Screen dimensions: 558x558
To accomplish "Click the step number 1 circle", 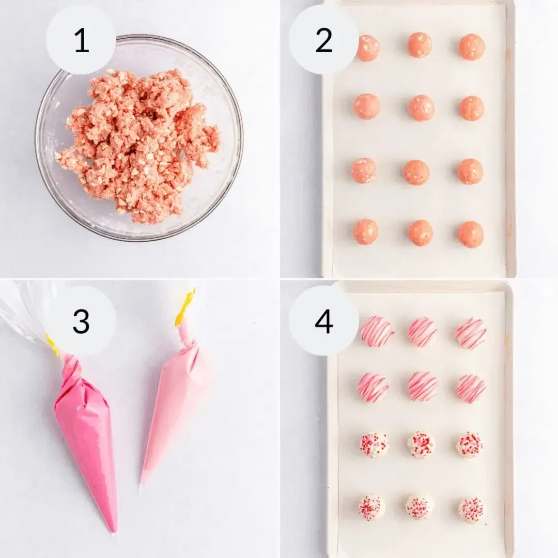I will (x=81, y=40).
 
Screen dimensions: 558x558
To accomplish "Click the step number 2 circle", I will (x=323, y=40).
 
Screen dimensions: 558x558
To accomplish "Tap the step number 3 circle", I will (x=81, y=321).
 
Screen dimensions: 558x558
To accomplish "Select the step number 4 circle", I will (x=323, y=321).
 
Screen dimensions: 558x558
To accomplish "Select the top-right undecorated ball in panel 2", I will (x=472, y=47).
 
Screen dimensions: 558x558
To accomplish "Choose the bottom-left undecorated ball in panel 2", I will (x=366, y=232).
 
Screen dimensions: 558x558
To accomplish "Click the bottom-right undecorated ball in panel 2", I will (x=471, y=235).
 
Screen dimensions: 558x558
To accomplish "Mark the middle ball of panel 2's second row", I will (x=422, y=108).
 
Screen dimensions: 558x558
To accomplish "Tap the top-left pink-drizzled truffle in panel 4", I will (x=377, y=331).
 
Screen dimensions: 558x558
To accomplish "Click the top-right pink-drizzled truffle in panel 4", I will (x=471, y=333).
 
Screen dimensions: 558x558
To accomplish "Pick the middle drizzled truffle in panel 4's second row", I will (x=423, y=386).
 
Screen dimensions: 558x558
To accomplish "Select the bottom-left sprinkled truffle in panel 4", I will (x=372, y=507).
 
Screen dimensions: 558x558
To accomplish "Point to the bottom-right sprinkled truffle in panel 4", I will (x=471, y=510).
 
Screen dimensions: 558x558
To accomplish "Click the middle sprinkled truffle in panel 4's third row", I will (x=421, y=445).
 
